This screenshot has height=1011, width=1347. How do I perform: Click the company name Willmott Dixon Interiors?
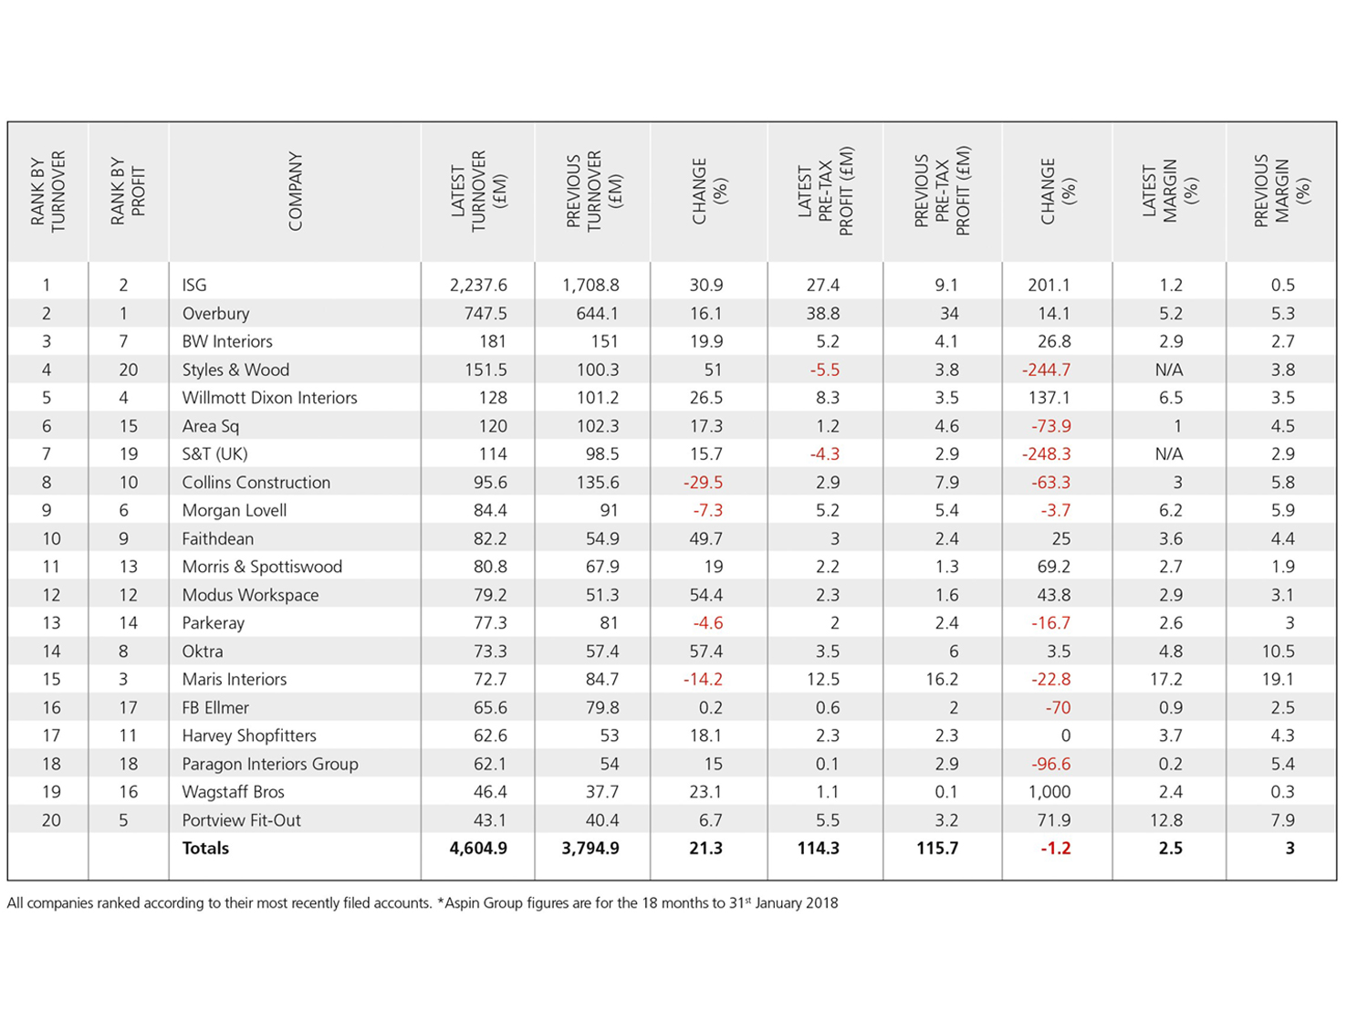tap(269, 398)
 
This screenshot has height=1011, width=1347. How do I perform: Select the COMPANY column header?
tap(295, 192)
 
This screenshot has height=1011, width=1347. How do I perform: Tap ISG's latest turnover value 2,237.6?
tap(478, 286)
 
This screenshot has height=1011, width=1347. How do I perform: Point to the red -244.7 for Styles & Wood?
tap(1046, 370)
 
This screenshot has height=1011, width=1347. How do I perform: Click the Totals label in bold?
tap(205, 849)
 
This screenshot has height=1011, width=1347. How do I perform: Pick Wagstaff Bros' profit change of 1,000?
tap(1049, 792)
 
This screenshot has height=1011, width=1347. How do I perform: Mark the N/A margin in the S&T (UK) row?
tap(1168, 454)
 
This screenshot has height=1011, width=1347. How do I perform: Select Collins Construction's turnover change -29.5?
tap(703, 482)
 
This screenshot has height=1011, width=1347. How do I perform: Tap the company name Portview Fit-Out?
tap(241, 820)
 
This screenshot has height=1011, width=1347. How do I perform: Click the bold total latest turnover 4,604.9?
tap(478, 849)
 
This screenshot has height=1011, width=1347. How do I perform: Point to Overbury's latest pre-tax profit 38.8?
tap(822, 314)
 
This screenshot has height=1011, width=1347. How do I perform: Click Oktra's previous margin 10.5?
tap(1278, 651)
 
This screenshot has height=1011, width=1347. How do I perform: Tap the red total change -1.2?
tap(1056, 849)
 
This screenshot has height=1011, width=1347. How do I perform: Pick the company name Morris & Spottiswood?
tap(262, 567)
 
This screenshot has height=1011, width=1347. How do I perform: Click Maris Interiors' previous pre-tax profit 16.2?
tap(942, 679)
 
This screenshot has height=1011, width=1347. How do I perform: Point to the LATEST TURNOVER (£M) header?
tap(478, 192)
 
